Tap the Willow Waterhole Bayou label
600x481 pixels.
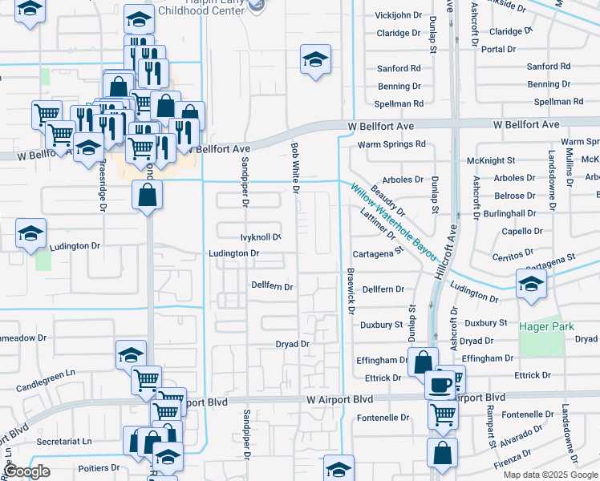tap(392, 221)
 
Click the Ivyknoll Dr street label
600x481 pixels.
tap(261, 237)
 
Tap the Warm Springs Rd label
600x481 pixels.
tap(391, 144)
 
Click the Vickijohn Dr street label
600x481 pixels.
tap(399, 15)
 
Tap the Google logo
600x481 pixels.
tap(27, 471)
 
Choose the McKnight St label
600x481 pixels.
tap(490, 160)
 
